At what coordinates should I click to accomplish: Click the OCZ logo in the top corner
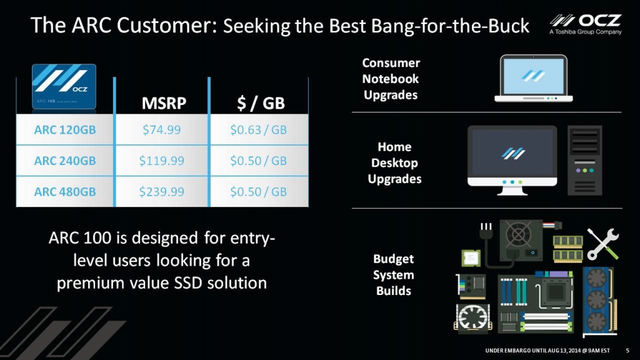pyautogui.click(x=585, y=24)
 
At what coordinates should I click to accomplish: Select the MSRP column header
pyautogui.click(x=164, y=103)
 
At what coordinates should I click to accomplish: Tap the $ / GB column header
pyautogui.click(x=261, y=103)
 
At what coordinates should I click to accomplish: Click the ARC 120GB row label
pyautogui.click(x=65, y=130)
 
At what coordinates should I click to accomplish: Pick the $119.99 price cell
pyautogui.click(x=162, y=161)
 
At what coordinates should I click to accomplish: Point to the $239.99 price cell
pyautogui.click(x=162, y=191)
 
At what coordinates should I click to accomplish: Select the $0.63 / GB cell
pyautogui.click(x=258, y=130)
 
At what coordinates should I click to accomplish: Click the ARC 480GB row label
pyautogui.click(x=65, y=191)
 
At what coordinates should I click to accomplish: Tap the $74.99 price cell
pyautogui.click(x=162, y=130)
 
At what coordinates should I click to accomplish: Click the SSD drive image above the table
pyautogui.click(x=64, y=86)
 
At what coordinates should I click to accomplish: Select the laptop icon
pyautogui.click(x=534, y=78)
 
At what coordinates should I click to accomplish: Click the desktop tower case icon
pyautogui.click(x=584, y=161)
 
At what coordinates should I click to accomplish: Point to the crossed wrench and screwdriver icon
pyautogui.click(x=603, y=244)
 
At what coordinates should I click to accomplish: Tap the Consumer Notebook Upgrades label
pyautogui.click(x=391, y=79)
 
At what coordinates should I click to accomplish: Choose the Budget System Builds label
pyautogui.click(x=394, y=275)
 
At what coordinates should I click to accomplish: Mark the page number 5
pyautogui.click(x=627, y=351)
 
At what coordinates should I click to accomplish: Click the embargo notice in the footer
pyautogui.click(x=547, y=351)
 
